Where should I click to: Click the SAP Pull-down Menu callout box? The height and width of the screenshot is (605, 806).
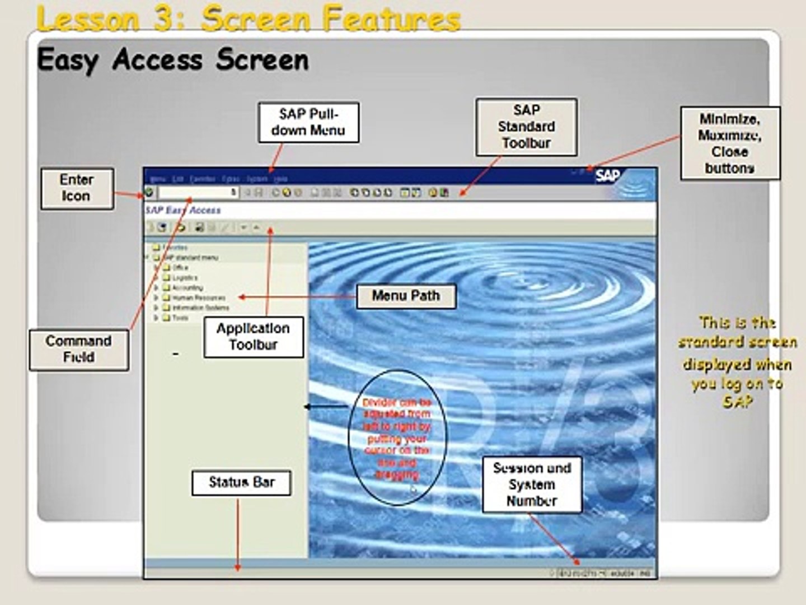[308, 122]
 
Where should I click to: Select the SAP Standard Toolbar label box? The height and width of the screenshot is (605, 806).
[526, 127]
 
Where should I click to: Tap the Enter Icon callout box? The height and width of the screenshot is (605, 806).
[77, 189]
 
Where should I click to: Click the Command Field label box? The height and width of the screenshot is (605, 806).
[79, 350]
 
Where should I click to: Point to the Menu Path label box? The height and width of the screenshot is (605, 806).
[406, 296]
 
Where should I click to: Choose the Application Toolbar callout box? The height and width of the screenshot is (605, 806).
[253, 337]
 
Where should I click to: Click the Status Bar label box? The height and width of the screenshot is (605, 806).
[241, 482]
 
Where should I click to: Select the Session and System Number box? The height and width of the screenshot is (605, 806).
[532, 485]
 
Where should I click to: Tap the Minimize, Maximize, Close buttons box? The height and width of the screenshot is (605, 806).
[729, 143]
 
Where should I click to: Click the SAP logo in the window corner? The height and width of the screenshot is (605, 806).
[607, 176]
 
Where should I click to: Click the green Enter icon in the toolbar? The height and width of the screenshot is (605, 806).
[149, 193]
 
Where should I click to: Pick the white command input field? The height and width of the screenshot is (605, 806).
[198, 193]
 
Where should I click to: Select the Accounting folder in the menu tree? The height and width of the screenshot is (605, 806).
[187, 288]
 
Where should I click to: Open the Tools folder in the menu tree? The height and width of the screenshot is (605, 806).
[180, 318]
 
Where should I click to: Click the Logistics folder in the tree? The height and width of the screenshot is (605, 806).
[184, 278]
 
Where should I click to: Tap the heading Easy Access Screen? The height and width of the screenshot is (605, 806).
[172, 60]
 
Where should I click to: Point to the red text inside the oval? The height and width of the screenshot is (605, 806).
[397, 438]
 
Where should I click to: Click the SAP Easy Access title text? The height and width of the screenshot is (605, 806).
[183, 211]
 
